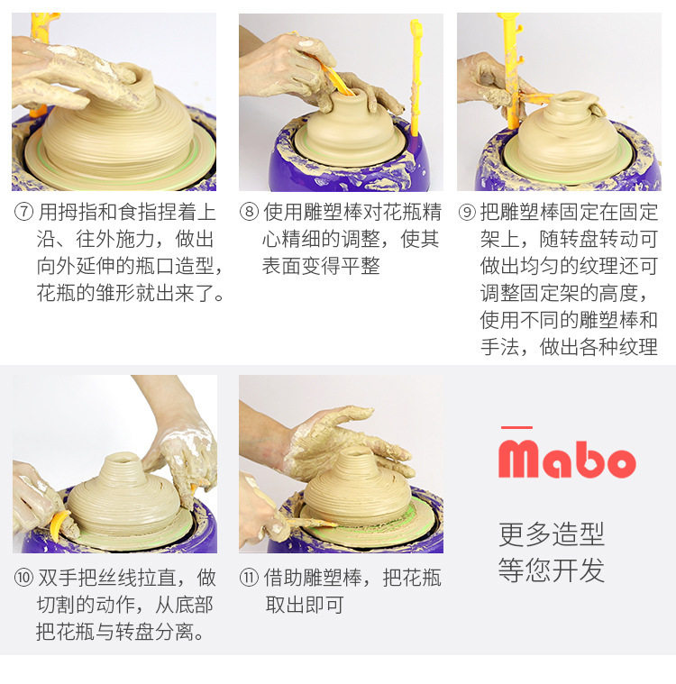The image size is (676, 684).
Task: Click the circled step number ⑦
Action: pos(23,213)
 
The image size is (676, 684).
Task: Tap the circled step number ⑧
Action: pos(249,213)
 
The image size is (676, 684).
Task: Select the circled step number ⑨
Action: pos(467,213)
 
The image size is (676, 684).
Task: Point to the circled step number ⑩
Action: pos(23,578)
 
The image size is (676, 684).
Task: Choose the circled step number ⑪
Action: pos(249,578)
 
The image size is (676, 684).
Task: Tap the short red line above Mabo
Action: pos(516,427)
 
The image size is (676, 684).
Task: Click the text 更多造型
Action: pos(552,534)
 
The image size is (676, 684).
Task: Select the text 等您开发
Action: pos(552,570)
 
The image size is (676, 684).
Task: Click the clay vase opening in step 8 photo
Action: pos(348,95)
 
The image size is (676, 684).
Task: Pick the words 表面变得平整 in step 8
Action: pos(321,266)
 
